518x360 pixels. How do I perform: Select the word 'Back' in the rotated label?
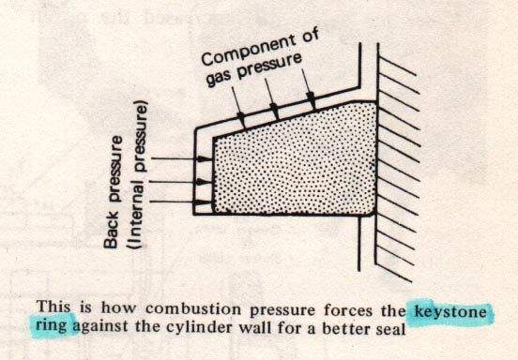point(111,229)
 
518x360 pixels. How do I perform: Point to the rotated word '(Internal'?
point(138,215)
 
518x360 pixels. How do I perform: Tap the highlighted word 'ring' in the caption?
point(53,326)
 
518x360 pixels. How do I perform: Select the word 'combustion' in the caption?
point(194,308)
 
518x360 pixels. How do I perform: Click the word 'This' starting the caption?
point(53,307)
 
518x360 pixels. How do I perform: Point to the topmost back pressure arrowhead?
point(204,159)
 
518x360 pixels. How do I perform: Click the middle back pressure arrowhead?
point(204,182)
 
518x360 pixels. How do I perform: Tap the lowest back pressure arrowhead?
point(204,202)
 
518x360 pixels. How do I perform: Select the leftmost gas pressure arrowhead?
point(242,120)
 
